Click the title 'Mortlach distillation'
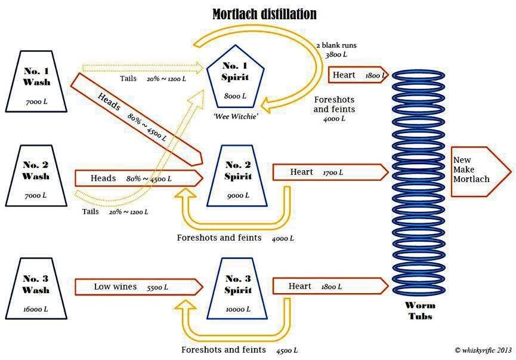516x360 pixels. pyautogui.click(x=265, y=14)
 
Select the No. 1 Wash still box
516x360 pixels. pyautogui.click(x=36, y=81)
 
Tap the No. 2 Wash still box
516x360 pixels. pyautogui.click(x=36, y=176)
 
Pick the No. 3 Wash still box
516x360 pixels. pyautogui.click(x=36, y=288)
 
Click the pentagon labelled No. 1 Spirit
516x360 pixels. pyautogui.click(x=235, y=77)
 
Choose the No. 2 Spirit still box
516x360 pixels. pyautogui.click(x=237, y=176)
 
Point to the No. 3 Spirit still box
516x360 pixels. pyautogui.click(x=237, y=288)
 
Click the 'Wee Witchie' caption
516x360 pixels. pyautogui.click(x=235, y=116)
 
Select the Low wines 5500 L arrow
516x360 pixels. pyautogui.click(x=139, y=287)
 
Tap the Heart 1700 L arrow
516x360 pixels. pyautogui.click(x=330, y=173)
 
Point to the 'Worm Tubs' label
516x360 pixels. pyautogui.click(x=420, y=310)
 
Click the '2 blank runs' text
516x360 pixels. pyautogui.click(x=336, y=45)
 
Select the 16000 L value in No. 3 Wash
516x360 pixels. pyautogui.click(x=36, y=309)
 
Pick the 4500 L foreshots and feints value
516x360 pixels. pyautogui.click(x=287, y=350)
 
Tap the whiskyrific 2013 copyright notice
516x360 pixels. pyautogui.click(x=483, y=350)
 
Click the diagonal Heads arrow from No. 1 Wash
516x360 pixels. pyautogui.click(x=136, y=119)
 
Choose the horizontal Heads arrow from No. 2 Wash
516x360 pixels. pyautogui.click(x=139, y=178)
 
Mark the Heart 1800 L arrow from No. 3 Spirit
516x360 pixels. pyautogui.click(x=330, y=286)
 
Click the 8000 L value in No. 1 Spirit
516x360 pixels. pyautogui.click(x=235, y=96)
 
